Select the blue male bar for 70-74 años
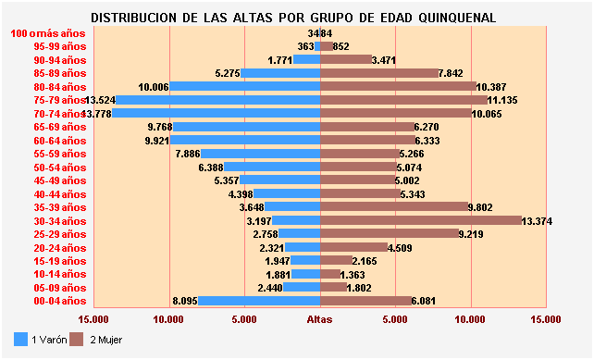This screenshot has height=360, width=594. pos(217,113)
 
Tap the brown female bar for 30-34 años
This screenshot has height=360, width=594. pos(421,220)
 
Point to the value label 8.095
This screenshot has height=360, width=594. pos(186,301)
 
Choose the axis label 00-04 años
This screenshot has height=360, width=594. pos(59,301)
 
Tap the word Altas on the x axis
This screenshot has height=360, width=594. pos(320,319)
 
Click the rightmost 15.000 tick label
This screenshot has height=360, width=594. pos(546,319)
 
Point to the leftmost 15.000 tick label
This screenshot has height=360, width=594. pos(93,319)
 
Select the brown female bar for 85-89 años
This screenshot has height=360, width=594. pos(379,73)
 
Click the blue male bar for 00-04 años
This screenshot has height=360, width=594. pos(259,301)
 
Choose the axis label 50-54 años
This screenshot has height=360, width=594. pos(59,168)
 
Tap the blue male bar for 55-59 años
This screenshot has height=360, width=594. pos(261,154)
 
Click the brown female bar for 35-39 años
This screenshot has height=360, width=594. pos(394,207)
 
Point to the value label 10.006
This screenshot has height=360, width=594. pos(153,87)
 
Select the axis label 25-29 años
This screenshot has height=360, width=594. pos(59,234)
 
